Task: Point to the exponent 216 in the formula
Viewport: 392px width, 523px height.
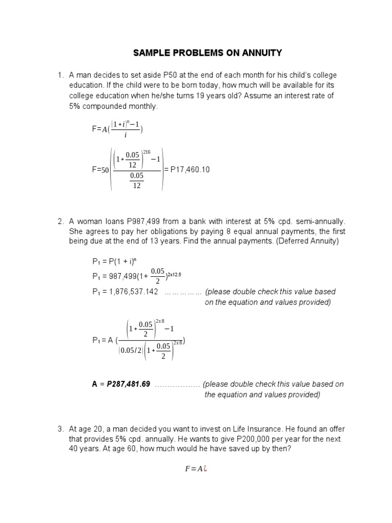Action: point(148,152)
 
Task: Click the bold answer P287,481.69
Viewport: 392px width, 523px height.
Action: point(128,384)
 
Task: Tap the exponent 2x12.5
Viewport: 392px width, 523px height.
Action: point(173,274)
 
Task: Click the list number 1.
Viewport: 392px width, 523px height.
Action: point(60,75)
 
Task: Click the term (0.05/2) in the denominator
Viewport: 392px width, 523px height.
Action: point(130,350)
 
